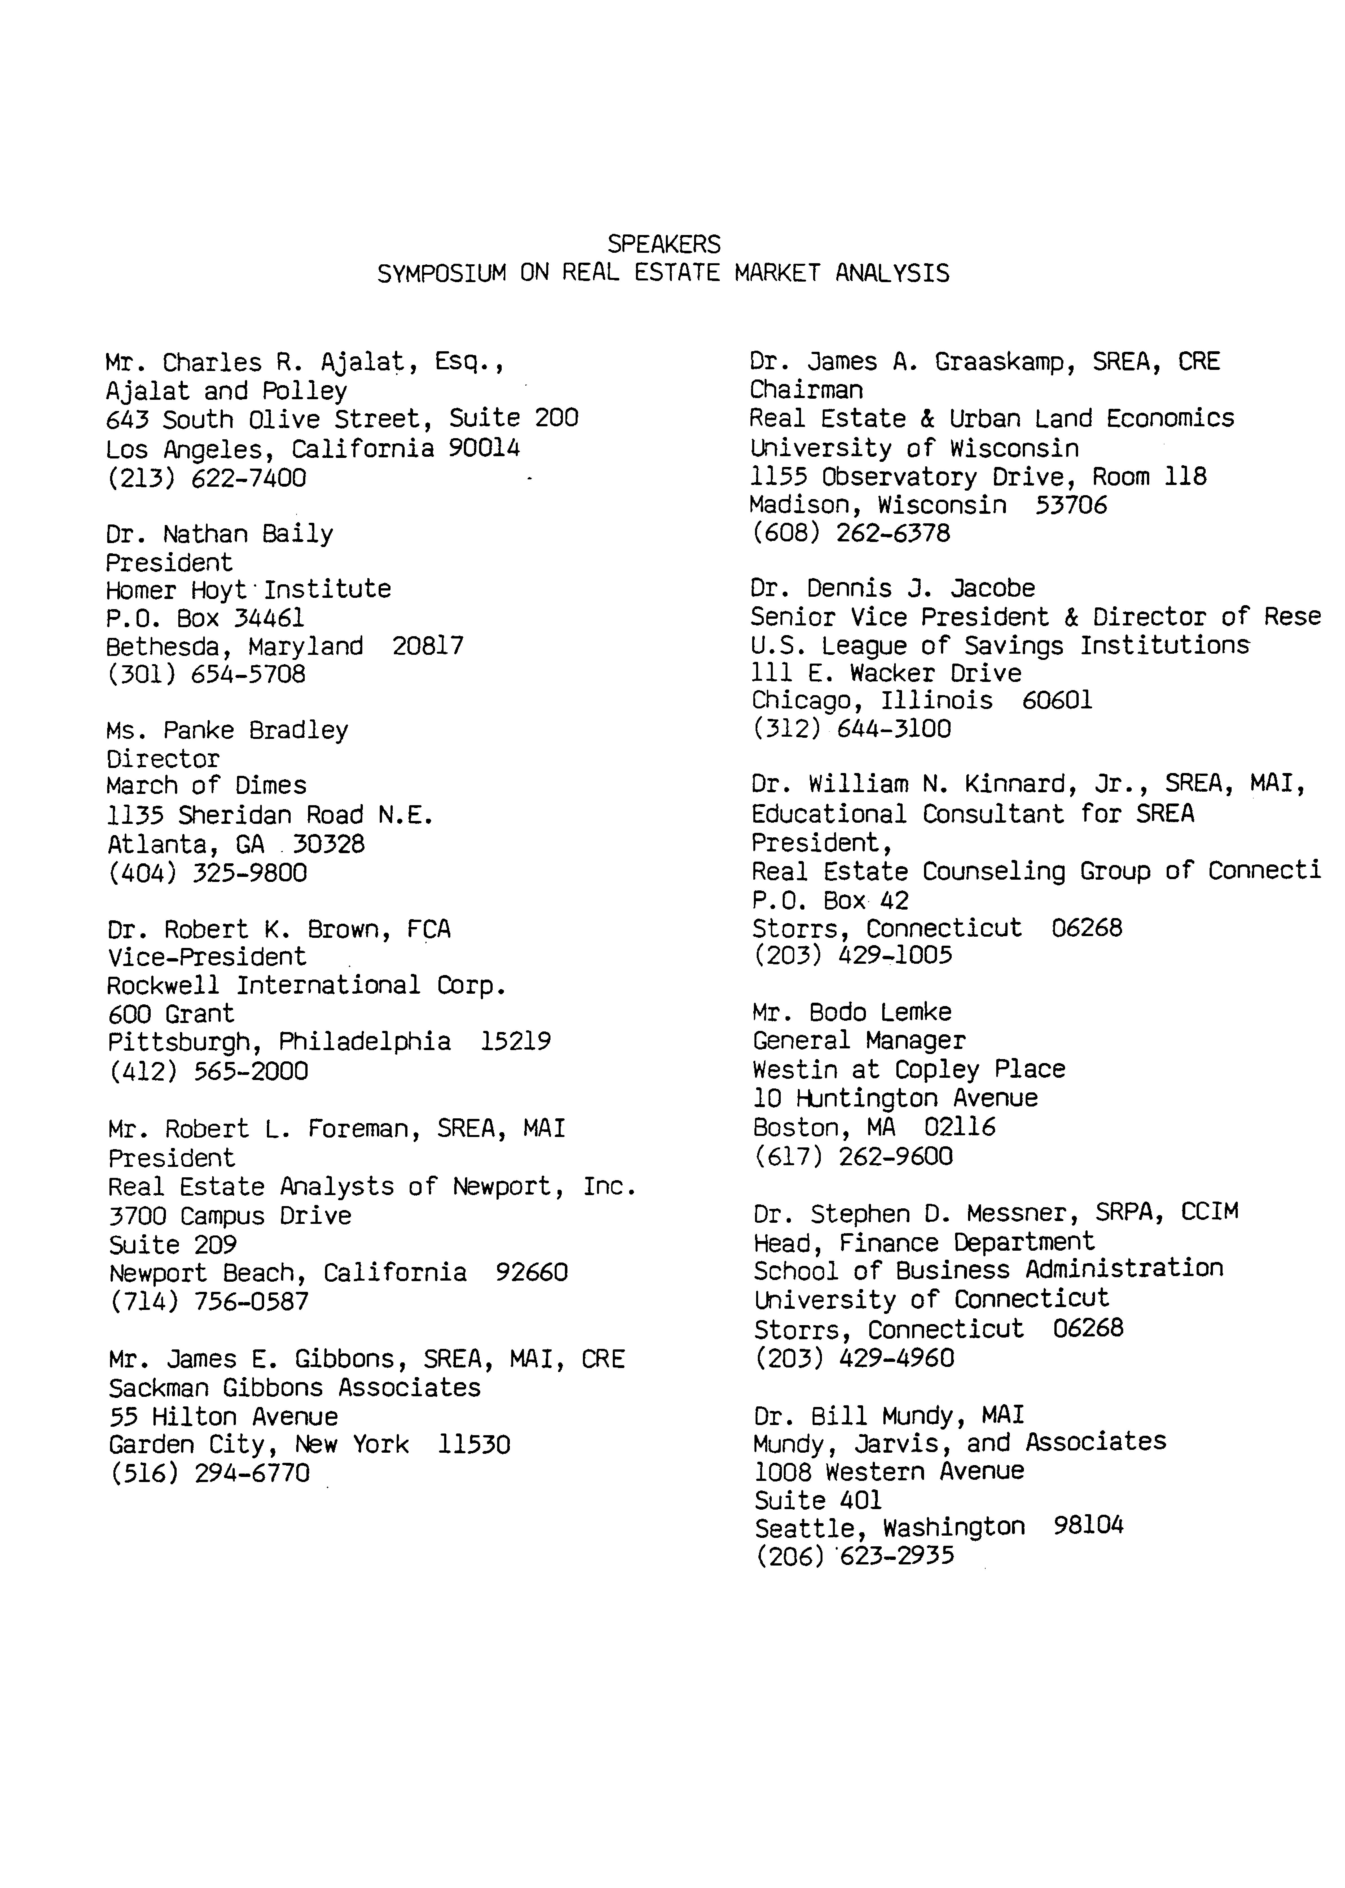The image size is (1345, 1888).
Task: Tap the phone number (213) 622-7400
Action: tap(206, 478)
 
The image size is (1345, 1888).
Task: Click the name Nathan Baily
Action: tap(248, 534)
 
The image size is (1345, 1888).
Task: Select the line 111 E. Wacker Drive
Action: tap(885, 673)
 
